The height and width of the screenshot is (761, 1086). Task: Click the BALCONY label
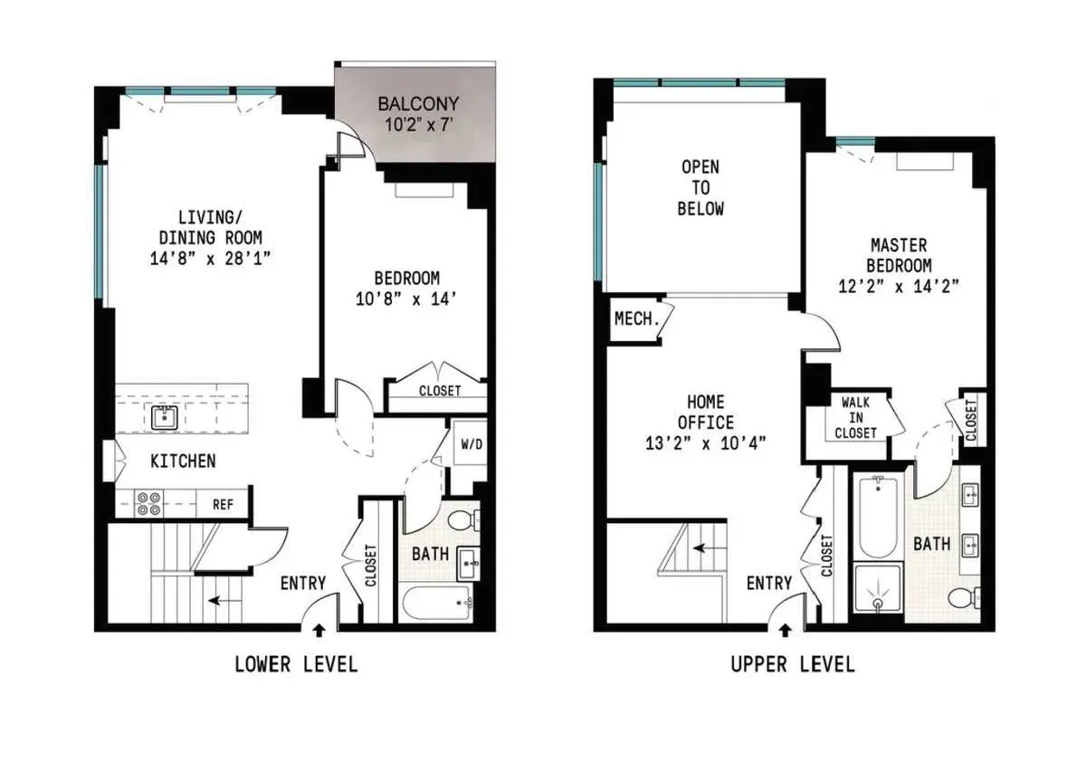click(418, 103)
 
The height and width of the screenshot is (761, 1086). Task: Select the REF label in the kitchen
click(223, 505)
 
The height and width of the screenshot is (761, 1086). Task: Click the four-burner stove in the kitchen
click(149, 503)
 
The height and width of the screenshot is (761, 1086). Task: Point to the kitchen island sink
click(165, 417)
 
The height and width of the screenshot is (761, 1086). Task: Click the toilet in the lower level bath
click(463, 520)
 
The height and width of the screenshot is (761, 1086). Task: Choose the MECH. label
click(634, 319)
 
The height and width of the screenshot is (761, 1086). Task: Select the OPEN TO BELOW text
click(701, 188)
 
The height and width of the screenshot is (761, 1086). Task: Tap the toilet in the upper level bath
click(962, 597)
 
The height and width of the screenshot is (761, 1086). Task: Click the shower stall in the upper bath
click(877, 593)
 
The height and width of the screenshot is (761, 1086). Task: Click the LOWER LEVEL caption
click(296, 665)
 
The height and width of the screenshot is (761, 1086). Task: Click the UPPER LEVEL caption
click(792, 665)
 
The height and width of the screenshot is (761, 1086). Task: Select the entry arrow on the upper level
click(785, 627)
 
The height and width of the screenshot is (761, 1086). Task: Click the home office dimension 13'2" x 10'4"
click(706, 444)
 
